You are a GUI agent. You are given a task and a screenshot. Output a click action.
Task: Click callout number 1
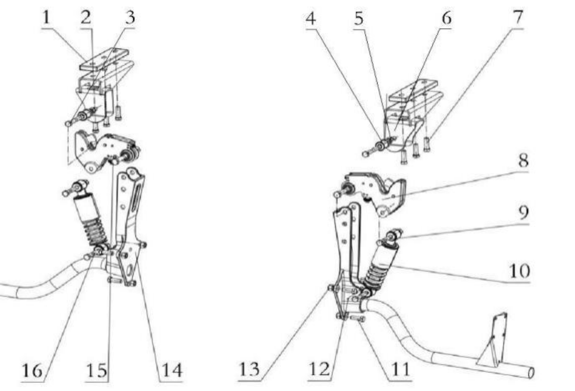tap(46, 18)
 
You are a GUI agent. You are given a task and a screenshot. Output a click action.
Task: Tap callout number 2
tap(86, 18)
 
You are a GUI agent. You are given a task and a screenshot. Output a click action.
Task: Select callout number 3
tap(130, 18)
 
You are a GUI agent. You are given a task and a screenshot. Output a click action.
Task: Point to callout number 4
tap(311, 19)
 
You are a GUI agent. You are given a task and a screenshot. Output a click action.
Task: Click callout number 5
tap(359, 19)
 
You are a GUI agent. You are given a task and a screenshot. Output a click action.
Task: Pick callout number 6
tap(447, 18)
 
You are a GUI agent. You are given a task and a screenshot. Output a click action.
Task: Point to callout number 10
tap(519, 271)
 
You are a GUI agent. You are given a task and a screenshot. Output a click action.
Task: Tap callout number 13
tap(249, 370)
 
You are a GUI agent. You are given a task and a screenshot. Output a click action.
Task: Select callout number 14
tap(172, 371)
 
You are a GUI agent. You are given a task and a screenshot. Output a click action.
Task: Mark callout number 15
tap(97, 371)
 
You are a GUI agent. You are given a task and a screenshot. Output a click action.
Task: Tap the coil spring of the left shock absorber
tap(95, 232)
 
